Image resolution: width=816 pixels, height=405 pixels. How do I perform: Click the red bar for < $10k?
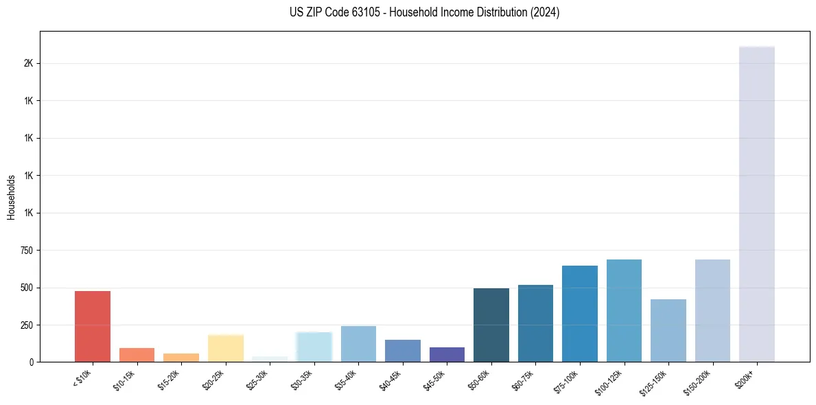click(x=93, y=327)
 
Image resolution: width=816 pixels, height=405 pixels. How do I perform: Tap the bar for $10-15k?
click(x=137, y=355)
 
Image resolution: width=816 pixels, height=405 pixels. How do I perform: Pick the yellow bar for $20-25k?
click(x=226, y=348)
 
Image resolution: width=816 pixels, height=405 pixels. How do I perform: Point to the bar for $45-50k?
click(x=447, y=354)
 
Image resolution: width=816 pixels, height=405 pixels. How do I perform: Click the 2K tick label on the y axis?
click(x=29, y=63)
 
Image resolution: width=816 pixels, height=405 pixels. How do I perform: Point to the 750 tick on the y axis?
click(x=27, y=251)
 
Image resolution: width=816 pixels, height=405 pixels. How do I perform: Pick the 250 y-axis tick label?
click(x=27, y=325)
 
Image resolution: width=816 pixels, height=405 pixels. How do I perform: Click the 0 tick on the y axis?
click(x=32, y=362)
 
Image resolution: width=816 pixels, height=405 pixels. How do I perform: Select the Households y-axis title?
click(x=11, y=197)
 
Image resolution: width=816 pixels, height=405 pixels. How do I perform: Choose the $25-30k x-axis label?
click(x=262, y=379)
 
